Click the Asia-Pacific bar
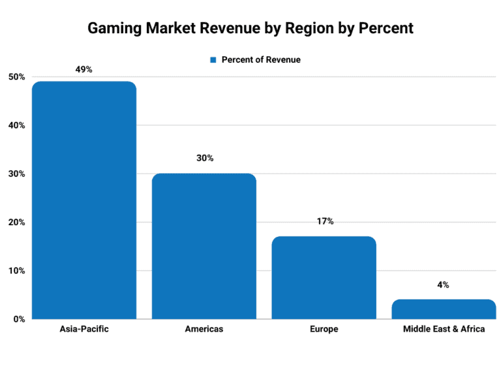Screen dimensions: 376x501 tap(84, 200)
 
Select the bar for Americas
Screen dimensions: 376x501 tap(204, 246)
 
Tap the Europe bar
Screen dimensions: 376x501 tap(324, 277)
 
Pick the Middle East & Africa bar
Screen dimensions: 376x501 tap(444, 309)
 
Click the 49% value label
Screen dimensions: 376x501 tap(84, 69)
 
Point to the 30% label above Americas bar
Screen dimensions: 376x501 tap(204, 159)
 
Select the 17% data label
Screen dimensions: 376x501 tap(324, 222)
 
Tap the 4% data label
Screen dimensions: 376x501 tap(444, 285)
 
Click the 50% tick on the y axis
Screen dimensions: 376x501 tap(16, 77)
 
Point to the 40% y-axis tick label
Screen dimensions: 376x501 tap(16, 125)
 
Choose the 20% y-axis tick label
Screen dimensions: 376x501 tap(16, 223)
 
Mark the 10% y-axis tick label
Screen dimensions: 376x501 tap(16, 271)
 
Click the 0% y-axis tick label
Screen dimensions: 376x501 tap(18, 319)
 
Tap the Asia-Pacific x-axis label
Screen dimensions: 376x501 tap(84, 329)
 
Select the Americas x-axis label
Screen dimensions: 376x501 tap(204, 329)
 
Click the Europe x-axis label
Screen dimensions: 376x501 tap(324, 329)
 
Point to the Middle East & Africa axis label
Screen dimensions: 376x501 tap(444, 329)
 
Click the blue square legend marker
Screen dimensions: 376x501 tap(213, 60)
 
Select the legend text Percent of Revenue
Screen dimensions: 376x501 tap(261, 60)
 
